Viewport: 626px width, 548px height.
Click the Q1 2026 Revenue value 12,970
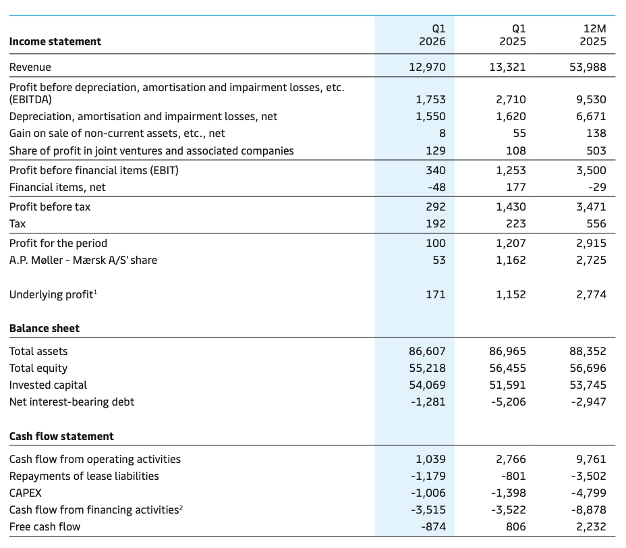tap(427, 67)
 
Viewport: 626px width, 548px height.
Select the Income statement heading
tap(55, 42)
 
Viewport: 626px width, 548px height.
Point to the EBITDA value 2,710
tap(511, 99)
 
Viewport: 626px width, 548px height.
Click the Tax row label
tap(18, 223)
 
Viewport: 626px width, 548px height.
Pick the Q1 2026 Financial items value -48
tap(436, 188)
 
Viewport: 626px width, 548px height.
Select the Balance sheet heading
tap(45, 328)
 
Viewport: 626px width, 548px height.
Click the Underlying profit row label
tap(53, 294)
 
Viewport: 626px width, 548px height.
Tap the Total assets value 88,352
tap(588, 352)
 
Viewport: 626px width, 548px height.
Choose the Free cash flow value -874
tap(433, 527)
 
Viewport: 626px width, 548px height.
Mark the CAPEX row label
tap(25, 493)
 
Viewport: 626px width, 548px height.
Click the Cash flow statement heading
tap(61, 436)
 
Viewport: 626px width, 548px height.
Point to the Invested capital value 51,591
tap(507, 385)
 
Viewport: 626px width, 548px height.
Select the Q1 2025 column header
tap(513, 35)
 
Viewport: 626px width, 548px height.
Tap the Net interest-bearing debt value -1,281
tap(428, 402)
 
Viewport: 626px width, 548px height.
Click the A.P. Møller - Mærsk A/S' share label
tap(83, 261)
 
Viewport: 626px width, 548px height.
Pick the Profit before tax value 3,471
tap(592, 207)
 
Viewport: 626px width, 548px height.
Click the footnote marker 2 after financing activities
tap(181, 508)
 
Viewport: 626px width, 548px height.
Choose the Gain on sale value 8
tap(443, 134)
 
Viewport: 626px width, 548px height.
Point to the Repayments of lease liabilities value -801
tap(513, 476)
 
